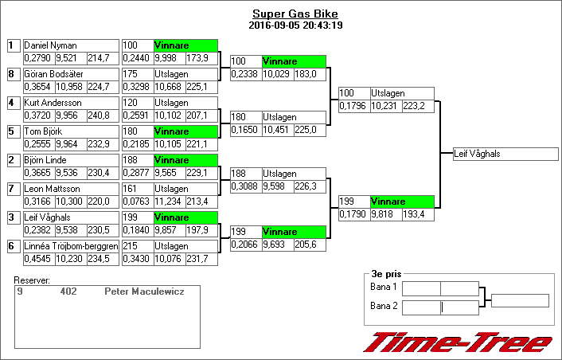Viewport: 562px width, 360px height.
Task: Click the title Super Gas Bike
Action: [x=295, y=14]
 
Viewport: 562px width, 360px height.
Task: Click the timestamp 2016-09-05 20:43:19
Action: [x=295, y=25]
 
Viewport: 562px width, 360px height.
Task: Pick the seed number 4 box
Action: [x=13, y=103]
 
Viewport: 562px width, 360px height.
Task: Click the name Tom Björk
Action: [x=43, y=131]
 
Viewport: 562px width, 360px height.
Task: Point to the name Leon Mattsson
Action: [x=49, y=189]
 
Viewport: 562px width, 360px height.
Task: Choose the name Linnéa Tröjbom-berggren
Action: [x=72, y=246]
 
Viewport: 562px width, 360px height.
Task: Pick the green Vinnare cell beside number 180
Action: [x=185, y=131]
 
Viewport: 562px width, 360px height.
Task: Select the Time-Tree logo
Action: [x=458, y=343]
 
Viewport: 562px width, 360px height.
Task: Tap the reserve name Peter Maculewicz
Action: [x=144, y=292]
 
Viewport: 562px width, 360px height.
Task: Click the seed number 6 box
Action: [x=13, y=246]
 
